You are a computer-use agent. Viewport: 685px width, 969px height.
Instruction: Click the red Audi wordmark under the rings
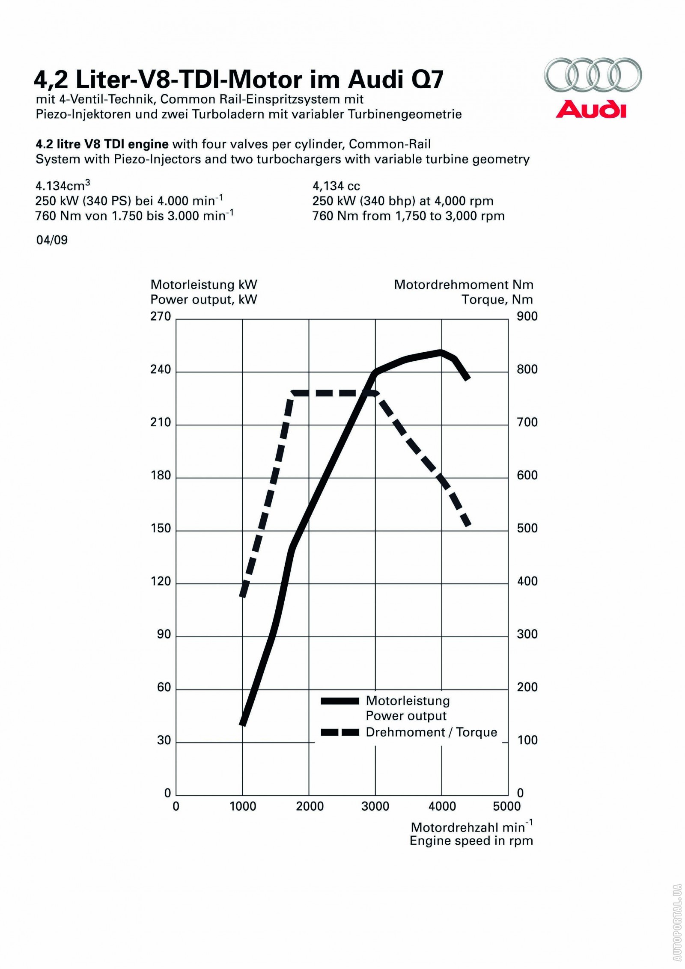pos(591,109)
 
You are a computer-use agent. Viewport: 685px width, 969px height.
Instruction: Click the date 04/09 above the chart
pos(52,240)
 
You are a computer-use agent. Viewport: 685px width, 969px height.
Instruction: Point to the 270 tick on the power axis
pos(161,316)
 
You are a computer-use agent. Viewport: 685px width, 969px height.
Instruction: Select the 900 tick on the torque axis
pos(527,316)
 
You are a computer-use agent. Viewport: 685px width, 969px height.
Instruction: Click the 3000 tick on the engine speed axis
pos(375,806)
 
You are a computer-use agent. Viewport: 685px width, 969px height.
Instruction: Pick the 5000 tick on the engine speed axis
pos(506,806)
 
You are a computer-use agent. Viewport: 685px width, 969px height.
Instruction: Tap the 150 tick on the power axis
pos(161,528)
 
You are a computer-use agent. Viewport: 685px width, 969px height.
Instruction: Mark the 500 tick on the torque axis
pos(527,528)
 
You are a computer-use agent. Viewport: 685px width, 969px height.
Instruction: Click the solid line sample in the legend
pos(340,701)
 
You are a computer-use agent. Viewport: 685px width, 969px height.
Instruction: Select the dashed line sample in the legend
pos(340,732)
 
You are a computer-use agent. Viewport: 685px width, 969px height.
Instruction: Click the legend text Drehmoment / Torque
pos(431,732)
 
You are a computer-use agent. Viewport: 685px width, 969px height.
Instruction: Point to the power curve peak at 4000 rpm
pos(441,352)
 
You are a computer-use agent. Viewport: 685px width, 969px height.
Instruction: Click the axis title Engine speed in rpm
pos(471,841)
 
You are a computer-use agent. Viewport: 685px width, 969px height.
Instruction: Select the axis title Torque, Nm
pos(497,300)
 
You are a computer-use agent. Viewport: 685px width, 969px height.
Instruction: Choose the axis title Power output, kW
pos(204,300)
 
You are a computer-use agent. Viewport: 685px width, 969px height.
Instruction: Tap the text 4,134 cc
pos(336,186)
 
